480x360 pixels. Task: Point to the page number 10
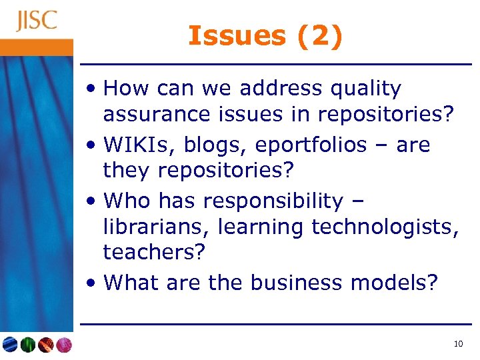tap(457, 344)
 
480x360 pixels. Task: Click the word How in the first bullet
tap(126, 89)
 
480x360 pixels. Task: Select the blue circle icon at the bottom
tap(10, 345)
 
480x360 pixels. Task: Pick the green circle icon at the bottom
tap(27, 345)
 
